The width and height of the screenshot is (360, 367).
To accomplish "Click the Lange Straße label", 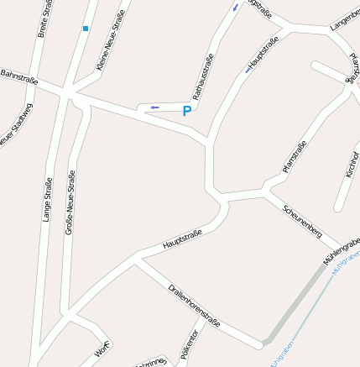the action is (47, 199).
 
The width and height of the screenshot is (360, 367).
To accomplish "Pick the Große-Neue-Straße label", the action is (70, 202).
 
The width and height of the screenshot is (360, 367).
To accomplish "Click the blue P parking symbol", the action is (186, 111).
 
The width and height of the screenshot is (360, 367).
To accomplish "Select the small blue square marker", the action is (85, 29).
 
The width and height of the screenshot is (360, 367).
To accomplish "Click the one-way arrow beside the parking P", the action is (154, 107).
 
